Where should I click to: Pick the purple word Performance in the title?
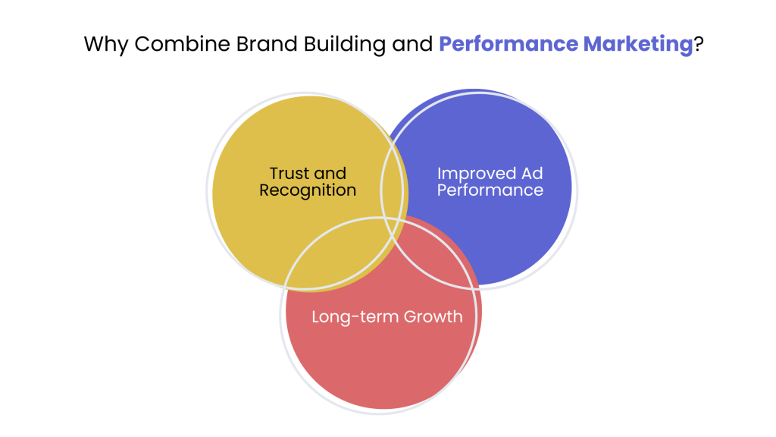coord(505,44)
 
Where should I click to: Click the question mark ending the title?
coord(698,44)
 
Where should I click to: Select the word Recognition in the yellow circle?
coord(308,190)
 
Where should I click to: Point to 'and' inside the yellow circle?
coord(330,173)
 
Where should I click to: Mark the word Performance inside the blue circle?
coord(490,190)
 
